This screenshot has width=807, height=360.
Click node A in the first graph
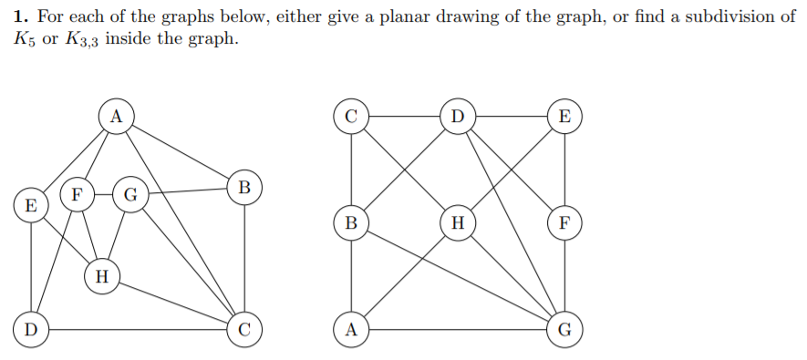[115, 116]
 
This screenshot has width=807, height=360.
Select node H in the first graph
[101, 277]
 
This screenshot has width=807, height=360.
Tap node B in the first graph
[243, 187]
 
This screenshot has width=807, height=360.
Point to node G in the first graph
[130, 194]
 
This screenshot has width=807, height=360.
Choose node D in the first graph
[31, 328]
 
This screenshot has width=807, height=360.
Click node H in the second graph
[458, 221]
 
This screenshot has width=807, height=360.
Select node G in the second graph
[564, 329]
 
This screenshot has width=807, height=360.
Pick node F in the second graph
[564, 221]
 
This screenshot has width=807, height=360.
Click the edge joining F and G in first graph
[102, 194]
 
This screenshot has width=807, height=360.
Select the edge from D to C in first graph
[137, 328]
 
